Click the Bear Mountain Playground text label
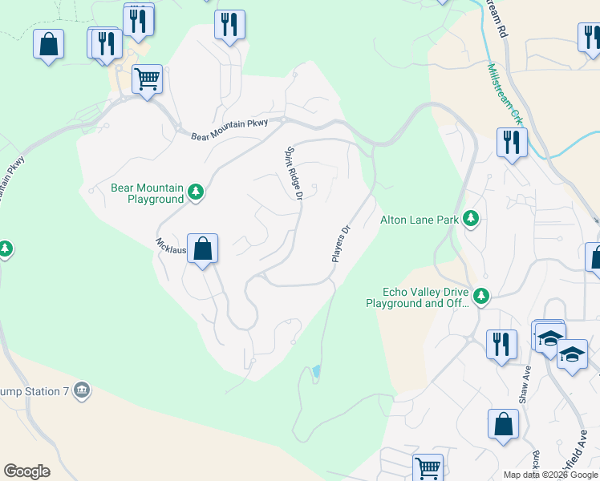coord(147,193)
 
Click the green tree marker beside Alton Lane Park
coord(471,218)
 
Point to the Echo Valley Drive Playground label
coord(417,297)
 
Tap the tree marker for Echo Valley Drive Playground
coord(481,297)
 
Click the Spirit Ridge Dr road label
coord(294,172)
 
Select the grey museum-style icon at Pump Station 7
coord(80,390)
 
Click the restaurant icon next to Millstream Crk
coord(512,143)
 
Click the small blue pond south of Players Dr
coord(317,372)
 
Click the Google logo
coord(26,471)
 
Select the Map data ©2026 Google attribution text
coord(550,475)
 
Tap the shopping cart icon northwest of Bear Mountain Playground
coord(147,79)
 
